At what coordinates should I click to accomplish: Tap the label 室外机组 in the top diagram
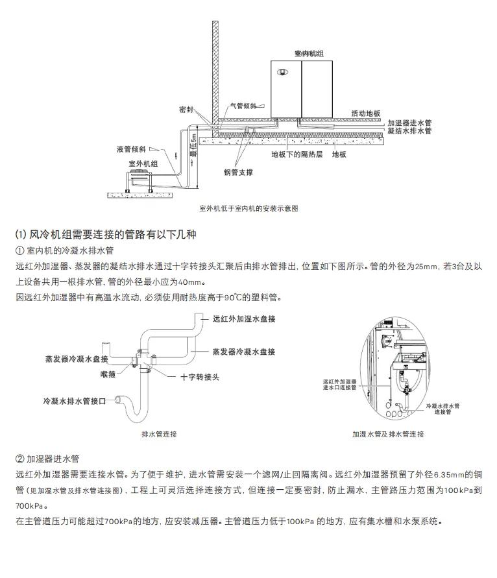pyautogui.click(x=143, y=164)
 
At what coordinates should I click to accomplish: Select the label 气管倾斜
pyautogui.click(x=245, y=105)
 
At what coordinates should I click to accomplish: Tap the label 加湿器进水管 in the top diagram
pyautogui.click(x=409, y=122)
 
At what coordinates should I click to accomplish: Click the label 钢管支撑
pyautogui.click(x=238, y=173)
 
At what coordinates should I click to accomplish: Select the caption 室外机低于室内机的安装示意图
pyautogui.click(x=248, y=209)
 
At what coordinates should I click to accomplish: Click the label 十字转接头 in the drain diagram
pyautogui.click(x=199, y=376)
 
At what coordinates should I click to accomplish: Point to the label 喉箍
pyautogui.click(x=108, y=374)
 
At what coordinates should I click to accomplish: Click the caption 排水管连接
pyautogui.click(x=158, y=433)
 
